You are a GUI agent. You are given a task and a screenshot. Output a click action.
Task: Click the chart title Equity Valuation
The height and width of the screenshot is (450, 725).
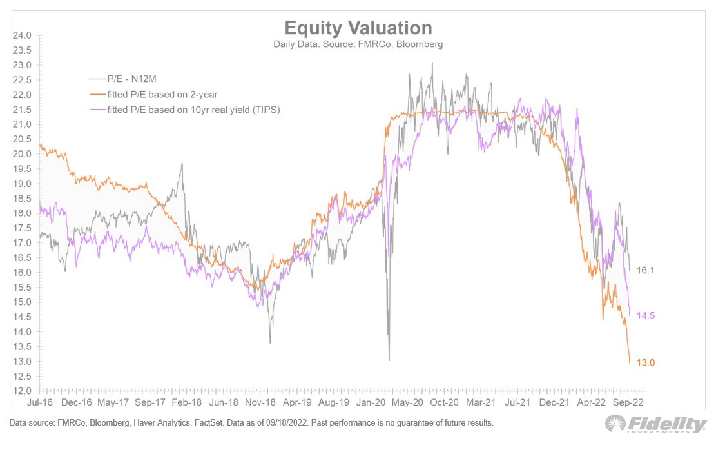pyautogui.click(x=358, y=28)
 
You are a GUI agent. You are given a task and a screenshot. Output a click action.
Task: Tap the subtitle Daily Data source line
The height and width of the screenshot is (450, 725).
pyautogui.click(x=358, y=44)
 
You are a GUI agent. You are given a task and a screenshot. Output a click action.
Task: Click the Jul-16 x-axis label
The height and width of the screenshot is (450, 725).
pyautogui.click(x=40, y=402)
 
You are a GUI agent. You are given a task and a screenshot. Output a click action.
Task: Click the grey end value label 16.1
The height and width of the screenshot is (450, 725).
pyautogui.click(x=645, y=271)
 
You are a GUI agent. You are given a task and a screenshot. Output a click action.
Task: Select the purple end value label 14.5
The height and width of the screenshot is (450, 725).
pyautogui.click(x=645, y=316)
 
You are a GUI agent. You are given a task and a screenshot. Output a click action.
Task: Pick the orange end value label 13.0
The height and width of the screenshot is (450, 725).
pyautogui.click(x=645, y=363)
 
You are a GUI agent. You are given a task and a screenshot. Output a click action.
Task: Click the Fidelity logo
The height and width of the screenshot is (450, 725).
pyautogui.click(x=655, y=424)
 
